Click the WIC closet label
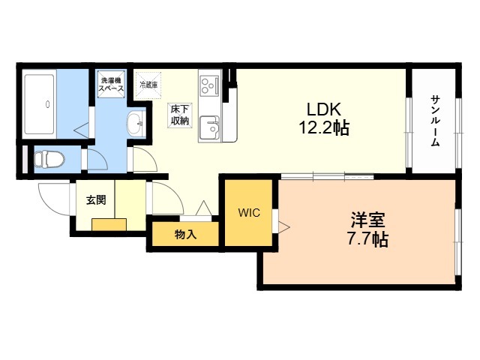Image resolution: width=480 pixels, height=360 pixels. [x=249, y=213]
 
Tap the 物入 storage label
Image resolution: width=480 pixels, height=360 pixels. [x=184, y=235]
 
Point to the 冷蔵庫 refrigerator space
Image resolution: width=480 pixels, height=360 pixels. [x=148, y=84]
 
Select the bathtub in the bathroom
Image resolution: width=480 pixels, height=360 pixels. [x=38, y=99]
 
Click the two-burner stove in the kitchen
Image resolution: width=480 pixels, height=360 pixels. [x=208, y=84]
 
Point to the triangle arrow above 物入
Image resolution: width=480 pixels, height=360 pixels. [x=203, y=209]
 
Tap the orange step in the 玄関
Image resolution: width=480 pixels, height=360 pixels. [x=109, y=225]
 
